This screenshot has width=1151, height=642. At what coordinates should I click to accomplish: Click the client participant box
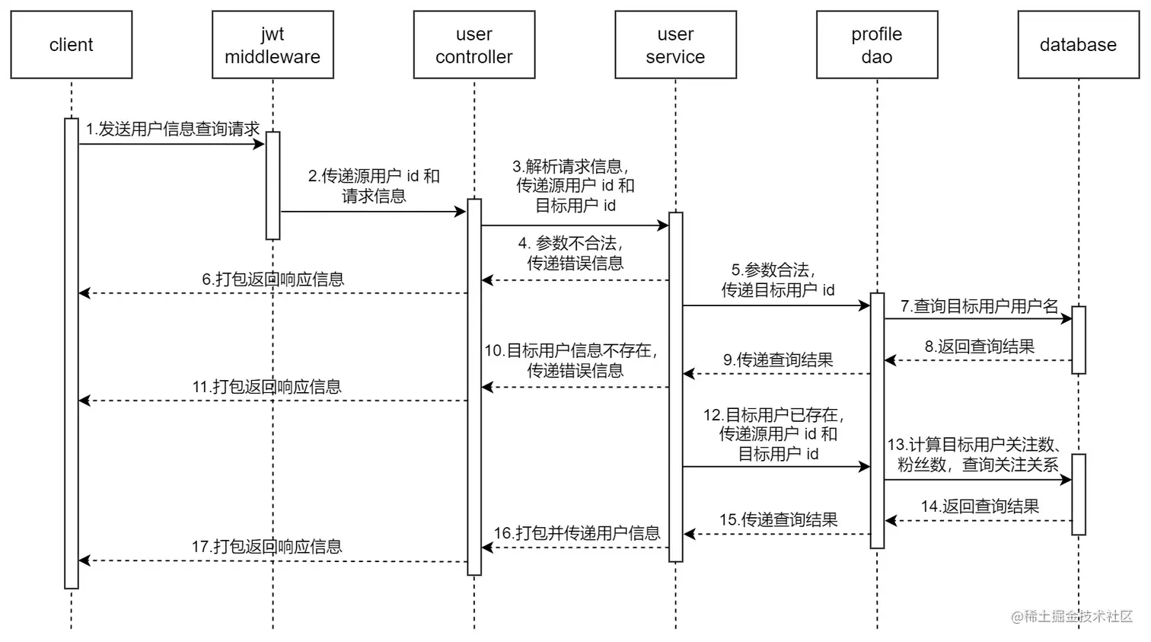coord(72,45)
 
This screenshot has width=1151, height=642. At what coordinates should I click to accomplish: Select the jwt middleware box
coord(273,45)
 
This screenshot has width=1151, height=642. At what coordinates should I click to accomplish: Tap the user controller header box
coord(473,45)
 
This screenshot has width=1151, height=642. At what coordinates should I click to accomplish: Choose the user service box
coord(675,45)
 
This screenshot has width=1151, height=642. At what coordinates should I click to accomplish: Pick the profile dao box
coord(876,45)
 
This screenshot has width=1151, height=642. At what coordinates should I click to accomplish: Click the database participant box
coord(1078,45)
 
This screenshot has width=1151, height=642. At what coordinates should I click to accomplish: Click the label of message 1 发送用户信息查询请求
coord(173,129)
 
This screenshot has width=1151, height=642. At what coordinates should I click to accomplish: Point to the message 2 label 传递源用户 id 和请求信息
coord(374,186)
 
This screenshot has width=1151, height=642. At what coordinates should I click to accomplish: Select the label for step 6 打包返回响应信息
coord(273,279)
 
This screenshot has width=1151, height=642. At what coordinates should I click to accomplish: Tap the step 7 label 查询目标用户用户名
coord(979,306)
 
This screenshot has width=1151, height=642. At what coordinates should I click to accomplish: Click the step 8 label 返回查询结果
coord(979,347)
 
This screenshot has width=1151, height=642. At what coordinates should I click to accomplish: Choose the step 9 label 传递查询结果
coord(778,360)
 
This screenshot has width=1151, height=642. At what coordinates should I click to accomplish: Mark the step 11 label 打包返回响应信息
coord(266,387)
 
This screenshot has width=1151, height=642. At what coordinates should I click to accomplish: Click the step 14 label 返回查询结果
coord(979,506)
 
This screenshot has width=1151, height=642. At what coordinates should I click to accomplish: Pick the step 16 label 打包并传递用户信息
coord(576,533)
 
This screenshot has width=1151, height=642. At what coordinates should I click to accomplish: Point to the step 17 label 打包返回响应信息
coord(266,547)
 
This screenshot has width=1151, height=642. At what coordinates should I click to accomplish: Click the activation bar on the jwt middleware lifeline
coord(273,185)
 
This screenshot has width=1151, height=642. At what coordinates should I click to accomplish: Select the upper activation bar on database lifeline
coord(1078,340)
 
